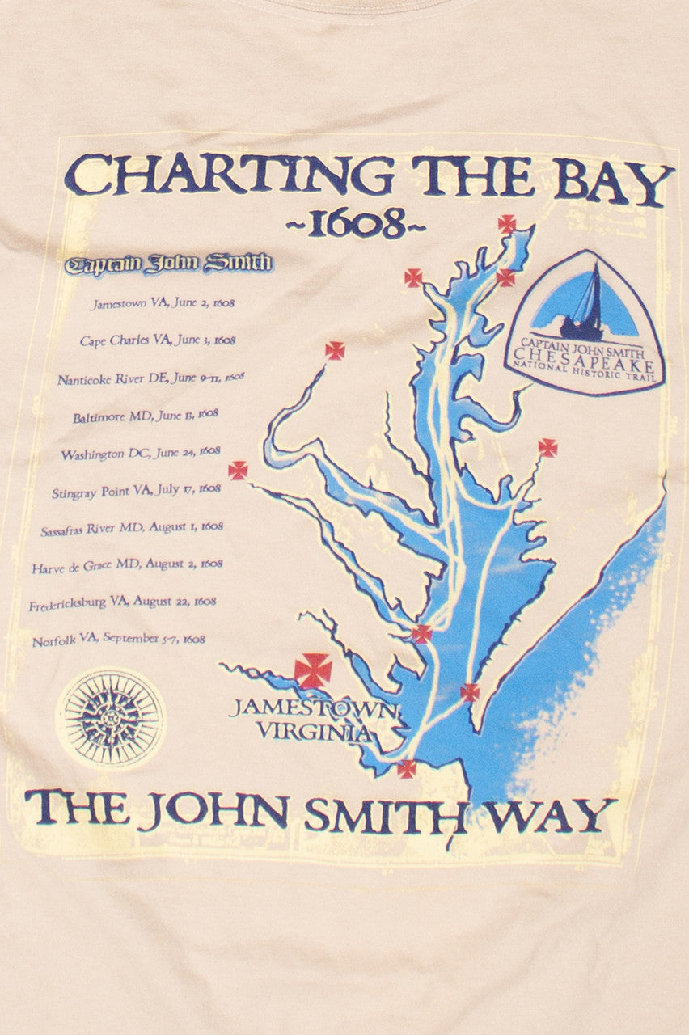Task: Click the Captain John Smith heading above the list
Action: point(169,264)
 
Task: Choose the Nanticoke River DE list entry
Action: point(150,378)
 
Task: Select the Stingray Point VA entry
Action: point(136,490)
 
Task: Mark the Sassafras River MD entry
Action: point(132,528)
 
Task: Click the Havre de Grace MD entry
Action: point(127,565)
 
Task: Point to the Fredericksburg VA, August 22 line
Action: point(123,602)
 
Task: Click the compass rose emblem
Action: point(111,716)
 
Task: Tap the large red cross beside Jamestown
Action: point(312,671)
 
